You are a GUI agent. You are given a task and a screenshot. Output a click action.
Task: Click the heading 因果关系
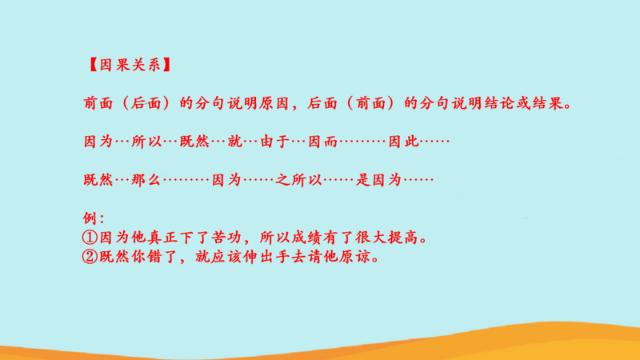(130, 65)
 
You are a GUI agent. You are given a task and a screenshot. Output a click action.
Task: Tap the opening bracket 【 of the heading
(93, 65)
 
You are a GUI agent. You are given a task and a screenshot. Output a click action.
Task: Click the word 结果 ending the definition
(547, 103)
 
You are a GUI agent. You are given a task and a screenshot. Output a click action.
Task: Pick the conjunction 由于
(274, 142)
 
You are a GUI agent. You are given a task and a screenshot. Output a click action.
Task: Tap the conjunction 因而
(322, 142)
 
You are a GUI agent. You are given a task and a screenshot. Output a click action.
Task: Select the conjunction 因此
(403, 142)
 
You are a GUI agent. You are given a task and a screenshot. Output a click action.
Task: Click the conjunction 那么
(146, 179)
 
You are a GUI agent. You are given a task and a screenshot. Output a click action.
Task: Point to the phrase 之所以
(298, 179)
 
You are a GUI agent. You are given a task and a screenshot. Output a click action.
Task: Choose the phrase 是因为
(378, 179)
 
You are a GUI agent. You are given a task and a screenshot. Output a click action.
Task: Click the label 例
(90, 218)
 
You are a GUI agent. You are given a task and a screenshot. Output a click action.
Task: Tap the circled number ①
(90, 237)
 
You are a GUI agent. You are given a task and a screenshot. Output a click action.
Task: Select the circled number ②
(90, 256)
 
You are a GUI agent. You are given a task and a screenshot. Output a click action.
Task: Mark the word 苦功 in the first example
(226, 237)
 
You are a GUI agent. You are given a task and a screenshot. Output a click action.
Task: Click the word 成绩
(306, 237)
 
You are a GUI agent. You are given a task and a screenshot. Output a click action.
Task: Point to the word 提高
(403, 237)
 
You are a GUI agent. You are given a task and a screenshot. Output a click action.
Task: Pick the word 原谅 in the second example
(354, 256)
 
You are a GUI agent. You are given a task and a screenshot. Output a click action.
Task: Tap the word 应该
(226, 256)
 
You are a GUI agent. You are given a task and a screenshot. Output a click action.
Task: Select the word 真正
(162, 237)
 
